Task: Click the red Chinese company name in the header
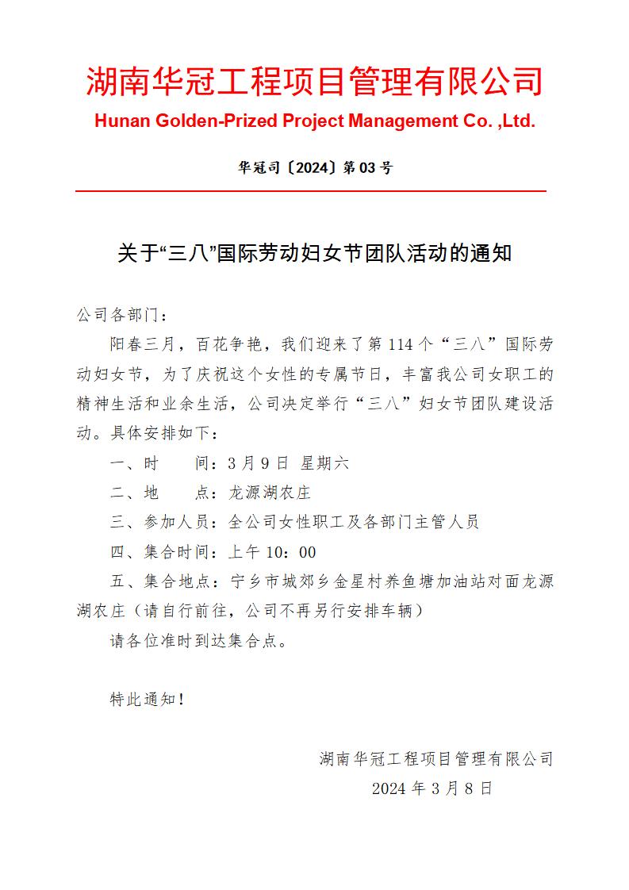(x=314, y=82)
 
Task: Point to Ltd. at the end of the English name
(x=518, y=121)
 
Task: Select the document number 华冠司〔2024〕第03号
(x=314, y=168)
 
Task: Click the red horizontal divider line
(x=311, y=191)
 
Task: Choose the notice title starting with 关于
(x=314, y=254)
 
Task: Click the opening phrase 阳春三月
(x=140, y=344)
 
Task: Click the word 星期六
(x=324, y=463)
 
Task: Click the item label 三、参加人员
(x=159, y=522)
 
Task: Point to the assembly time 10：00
(x=293, y=552)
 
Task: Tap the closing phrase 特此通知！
(x=148, y=699)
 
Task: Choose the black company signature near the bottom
(x=435, y=759)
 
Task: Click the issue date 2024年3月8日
(x=432, y=788)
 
